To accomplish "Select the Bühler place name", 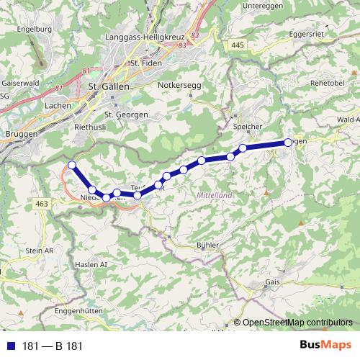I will [207, 246].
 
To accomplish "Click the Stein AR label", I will [40, 250].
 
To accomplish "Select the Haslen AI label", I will [91, 265].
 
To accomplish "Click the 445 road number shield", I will [238, 45].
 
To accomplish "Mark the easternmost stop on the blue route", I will [288, 143].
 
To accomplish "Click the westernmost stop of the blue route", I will [72, 166].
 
